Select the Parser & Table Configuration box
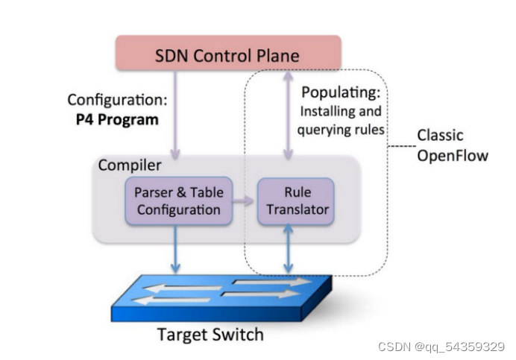point(178,200)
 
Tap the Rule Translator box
point(296,200)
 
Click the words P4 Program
point(113,119)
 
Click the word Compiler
point(130,164)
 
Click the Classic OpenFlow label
point(451,145)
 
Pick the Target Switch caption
point(210,333)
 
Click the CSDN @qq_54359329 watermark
point(441,347)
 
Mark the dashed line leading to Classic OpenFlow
point(401,145)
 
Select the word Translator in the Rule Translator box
point(297,209)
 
